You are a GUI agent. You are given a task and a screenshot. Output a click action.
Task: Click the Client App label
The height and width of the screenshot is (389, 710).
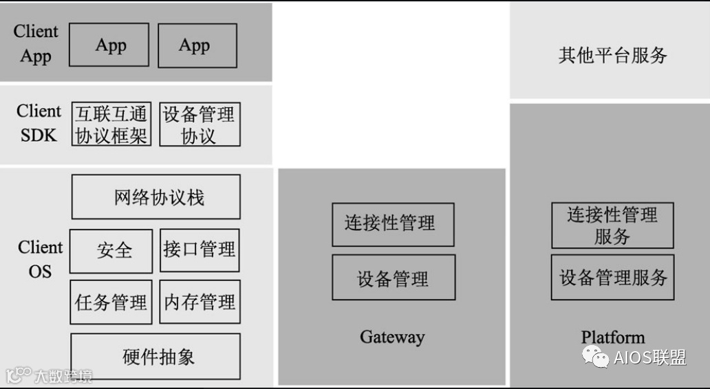36,43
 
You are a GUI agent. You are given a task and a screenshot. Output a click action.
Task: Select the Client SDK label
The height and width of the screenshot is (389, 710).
39,123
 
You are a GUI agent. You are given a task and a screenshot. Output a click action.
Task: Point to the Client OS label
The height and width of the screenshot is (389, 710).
40,259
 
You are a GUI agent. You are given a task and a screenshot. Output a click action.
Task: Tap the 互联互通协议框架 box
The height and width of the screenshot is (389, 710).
111,124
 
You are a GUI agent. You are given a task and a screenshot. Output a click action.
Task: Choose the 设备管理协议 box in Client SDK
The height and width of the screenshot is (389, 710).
200,124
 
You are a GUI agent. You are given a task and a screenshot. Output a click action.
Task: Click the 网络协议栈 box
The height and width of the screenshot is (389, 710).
156,197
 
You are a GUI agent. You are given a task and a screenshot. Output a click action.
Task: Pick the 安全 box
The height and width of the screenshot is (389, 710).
111,251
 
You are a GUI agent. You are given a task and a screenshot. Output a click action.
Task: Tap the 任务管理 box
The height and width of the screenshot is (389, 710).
111,302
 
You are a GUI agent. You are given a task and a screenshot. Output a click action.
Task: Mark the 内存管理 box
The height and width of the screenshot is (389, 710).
200,302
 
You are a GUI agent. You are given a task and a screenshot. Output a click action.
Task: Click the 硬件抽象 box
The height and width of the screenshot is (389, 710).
156,356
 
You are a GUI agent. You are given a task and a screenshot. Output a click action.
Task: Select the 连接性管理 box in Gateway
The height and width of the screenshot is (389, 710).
393,224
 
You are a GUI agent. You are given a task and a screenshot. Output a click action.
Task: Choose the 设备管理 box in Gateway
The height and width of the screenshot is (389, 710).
393,277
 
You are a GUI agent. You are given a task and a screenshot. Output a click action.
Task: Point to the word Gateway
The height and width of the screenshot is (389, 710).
392,337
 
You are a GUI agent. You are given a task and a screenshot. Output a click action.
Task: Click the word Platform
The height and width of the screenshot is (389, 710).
612,337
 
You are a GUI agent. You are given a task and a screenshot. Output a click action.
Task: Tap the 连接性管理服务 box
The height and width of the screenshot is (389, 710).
612,225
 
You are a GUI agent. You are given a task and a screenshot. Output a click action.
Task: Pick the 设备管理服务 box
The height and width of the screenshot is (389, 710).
612,277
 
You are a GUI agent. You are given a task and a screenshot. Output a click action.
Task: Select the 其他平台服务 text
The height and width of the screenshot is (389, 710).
612,55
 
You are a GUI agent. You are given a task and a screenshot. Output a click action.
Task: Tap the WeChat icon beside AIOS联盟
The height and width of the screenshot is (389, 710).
595,356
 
